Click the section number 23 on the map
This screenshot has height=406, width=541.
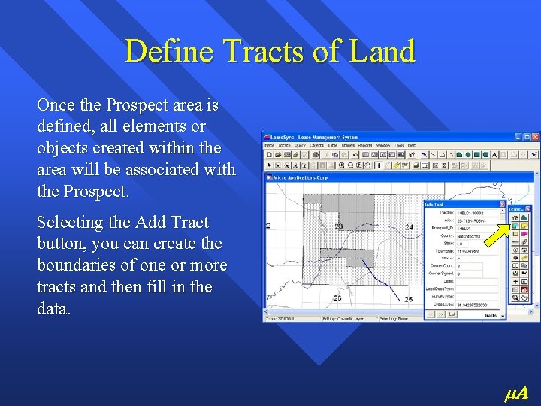pyautogui.click(x=339, y=226)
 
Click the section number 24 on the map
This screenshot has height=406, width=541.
pyautogui.click(x=409, y=226)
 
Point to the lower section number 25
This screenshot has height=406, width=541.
pyautogui.click(x=407, y=299)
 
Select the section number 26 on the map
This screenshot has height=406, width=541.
pyautogui.click(x=337, y=298)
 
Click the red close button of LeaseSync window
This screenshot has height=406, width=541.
pyautogui.click(x=534, y=138)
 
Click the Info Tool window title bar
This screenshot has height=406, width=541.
pyautogui.click(x=451, y=204)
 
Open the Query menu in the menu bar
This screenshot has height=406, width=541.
pyautogui.click(x=300, y=145)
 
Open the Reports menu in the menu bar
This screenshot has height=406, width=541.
pyautogui.click(x=365, y=145)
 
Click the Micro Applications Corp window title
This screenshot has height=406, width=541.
pyautogui.click(x=301, y=177)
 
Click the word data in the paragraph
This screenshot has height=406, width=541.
pyautogui.click(x=53, y=309)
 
